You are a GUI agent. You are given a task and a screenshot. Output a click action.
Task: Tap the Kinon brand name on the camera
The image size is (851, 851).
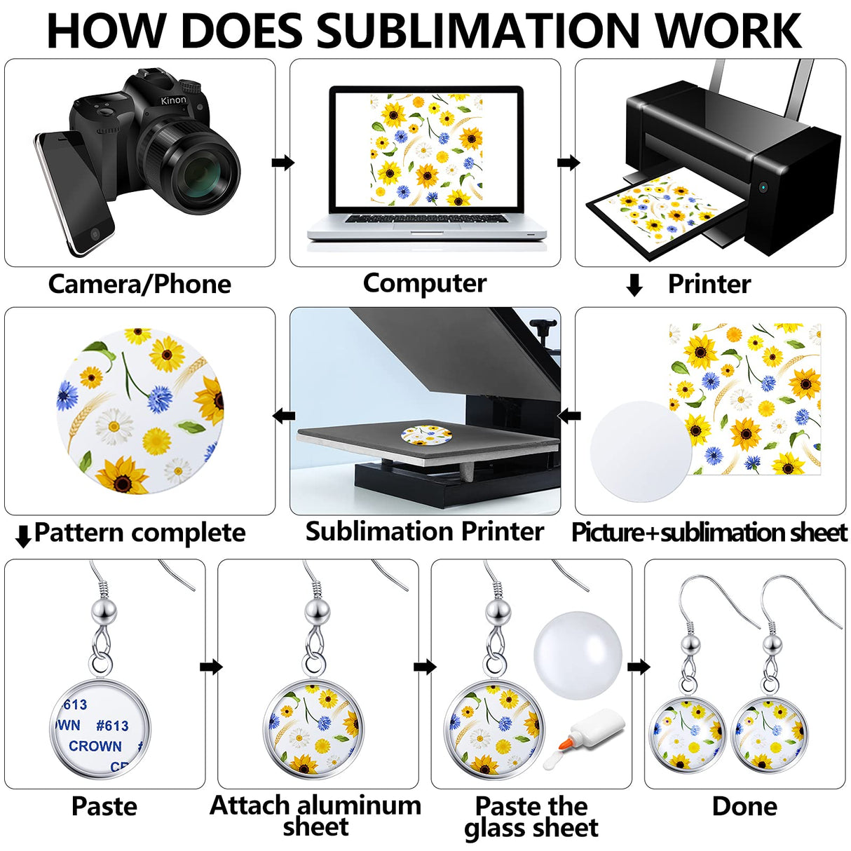(x=173, y=100)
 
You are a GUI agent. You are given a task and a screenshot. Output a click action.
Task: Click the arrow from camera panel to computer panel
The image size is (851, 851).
(x=282, y=163)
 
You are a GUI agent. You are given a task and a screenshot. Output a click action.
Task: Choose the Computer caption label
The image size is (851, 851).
(x=424, y=283)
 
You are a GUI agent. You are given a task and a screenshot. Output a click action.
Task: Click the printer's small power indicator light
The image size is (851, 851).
(x=763, y=187)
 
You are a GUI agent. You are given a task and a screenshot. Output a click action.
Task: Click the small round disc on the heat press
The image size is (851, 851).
(x=427, y=435)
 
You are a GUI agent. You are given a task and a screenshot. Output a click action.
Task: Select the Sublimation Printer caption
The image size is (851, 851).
(x=424, y=531)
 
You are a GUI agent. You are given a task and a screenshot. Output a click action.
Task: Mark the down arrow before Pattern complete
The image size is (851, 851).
(x=23, y=536)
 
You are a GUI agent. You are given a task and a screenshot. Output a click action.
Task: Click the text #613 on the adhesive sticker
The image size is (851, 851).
(x=112, y=726)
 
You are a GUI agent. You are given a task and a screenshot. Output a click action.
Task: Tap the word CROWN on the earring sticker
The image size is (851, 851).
(x=95, y=747)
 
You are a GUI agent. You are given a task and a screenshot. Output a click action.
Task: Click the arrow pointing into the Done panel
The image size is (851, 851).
(x=638, y=667)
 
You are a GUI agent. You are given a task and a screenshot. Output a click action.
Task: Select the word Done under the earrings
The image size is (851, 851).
(x=744, y=806)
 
